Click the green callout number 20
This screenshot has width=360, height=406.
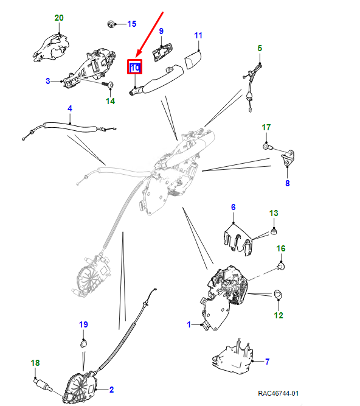(59, 18)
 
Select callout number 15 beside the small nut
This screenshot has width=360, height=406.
(131, 24)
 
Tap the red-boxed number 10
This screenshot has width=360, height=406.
(135, 68)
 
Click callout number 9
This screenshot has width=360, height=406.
(161, 31)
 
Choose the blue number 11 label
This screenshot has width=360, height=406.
(198, 35)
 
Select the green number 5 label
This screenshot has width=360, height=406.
(260, 48)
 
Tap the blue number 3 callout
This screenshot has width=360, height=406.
(48, 81)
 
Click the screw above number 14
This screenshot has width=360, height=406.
(108, 84)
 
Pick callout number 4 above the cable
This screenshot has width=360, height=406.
(70, 108)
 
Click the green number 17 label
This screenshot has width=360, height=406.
(266, 127)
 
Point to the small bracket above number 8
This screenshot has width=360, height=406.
(288, 158)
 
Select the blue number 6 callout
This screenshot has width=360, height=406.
(234, 207)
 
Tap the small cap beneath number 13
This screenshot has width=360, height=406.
(274, 231)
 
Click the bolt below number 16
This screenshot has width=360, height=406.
(281, 266)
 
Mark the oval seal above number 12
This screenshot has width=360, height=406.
(278, 295)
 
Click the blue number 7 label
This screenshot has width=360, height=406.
(268, 362)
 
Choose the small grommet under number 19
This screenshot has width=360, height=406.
(83, 344)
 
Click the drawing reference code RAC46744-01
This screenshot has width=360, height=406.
(279, 393)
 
